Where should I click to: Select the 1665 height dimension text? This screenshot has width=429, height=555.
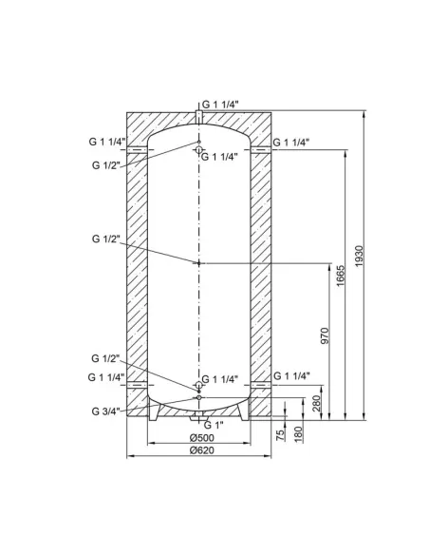(x=340, y=280)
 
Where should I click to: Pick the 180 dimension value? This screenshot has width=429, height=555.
(x=297, y=433)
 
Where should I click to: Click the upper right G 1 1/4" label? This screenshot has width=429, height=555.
(x=292, y=143)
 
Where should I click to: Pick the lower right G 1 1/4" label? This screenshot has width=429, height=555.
(x=292, y=376)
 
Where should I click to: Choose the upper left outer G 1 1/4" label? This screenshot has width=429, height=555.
(x=104, y=143)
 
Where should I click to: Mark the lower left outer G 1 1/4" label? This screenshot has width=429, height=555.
(x=104, y=377)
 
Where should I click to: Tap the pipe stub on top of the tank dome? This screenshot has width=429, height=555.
(x=198, y=118)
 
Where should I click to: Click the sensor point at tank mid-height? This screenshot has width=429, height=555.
(x=198, y=262)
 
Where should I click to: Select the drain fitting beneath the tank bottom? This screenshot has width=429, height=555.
(x=198, y=417)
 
